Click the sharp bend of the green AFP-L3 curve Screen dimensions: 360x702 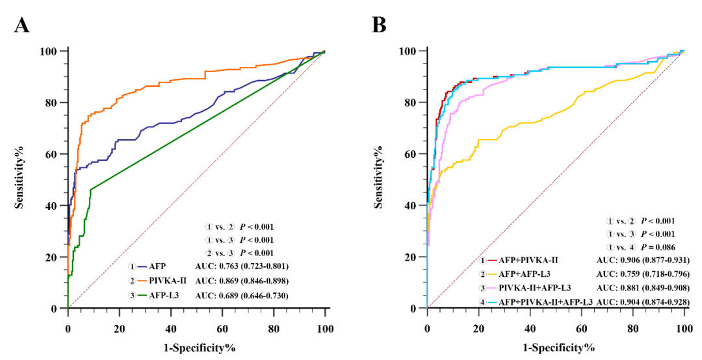91,189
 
